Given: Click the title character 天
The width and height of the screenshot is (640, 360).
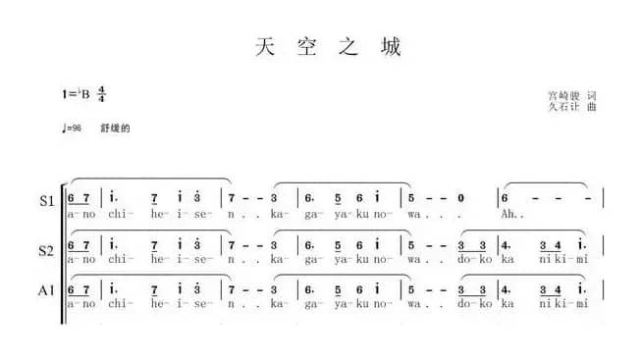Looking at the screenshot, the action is (x=263, y=47).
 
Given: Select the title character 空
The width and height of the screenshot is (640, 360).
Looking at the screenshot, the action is (x=306, y=47).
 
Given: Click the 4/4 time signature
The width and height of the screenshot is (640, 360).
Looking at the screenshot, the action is (x=101, y=94).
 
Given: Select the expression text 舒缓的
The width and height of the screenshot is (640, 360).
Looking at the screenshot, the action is (x=115, y=129).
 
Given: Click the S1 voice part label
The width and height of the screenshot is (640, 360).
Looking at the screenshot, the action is (x=46, y=202).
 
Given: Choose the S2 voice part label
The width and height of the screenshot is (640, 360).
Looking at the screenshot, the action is (x=46, y=251).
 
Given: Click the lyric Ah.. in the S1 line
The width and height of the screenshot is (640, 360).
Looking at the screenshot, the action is (x=514, y=212).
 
